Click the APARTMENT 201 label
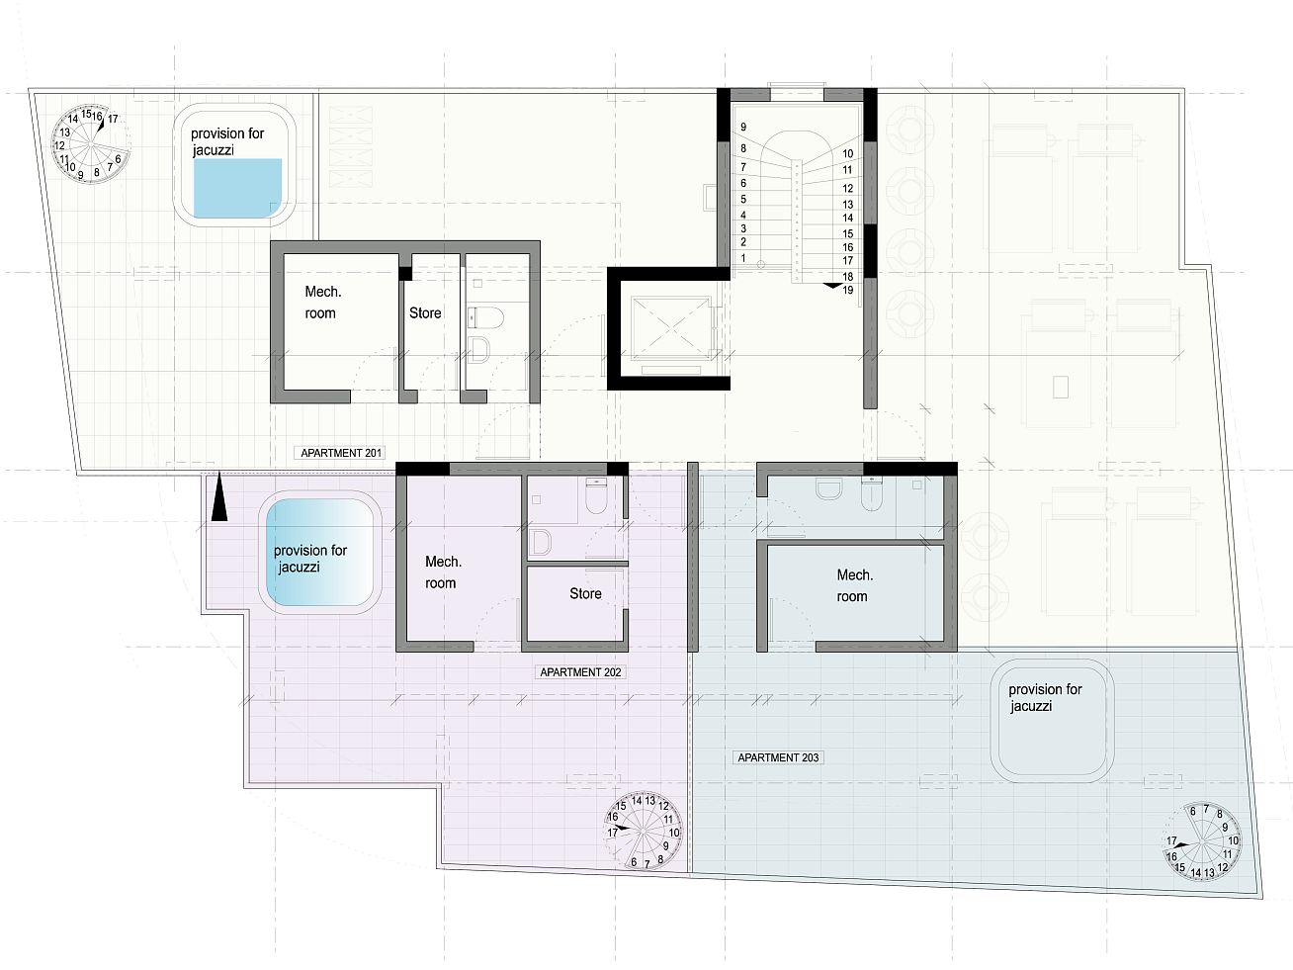pos(340,453)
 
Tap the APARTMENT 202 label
pos(580,672)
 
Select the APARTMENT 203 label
pos(778,757)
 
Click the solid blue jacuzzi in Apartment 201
pos(237,188)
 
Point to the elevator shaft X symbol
pos(670,327)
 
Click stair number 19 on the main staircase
pos(847,290)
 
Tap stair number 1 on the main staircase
pos(743,258)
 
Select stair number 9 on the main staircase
pos(743,127)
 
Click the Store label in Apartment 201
pos(425,312)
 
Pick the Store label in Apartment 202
pos(585,593)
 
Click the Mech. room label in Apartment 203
pos(855,585)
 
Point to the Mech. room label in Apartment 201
pos(323,303)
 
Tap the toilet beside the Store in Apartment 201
pos(486,318)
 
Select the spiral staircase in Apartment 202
pos(644,831)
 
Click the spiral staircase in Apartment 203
pos(1202,841)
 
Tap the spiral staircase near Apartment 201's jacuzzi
pos(90,145)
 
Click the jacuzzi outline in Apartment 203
pos(1052,721)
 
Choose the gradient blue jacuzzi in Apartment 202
pos(320,553)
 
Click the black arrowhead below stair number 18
pos(832,286)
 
